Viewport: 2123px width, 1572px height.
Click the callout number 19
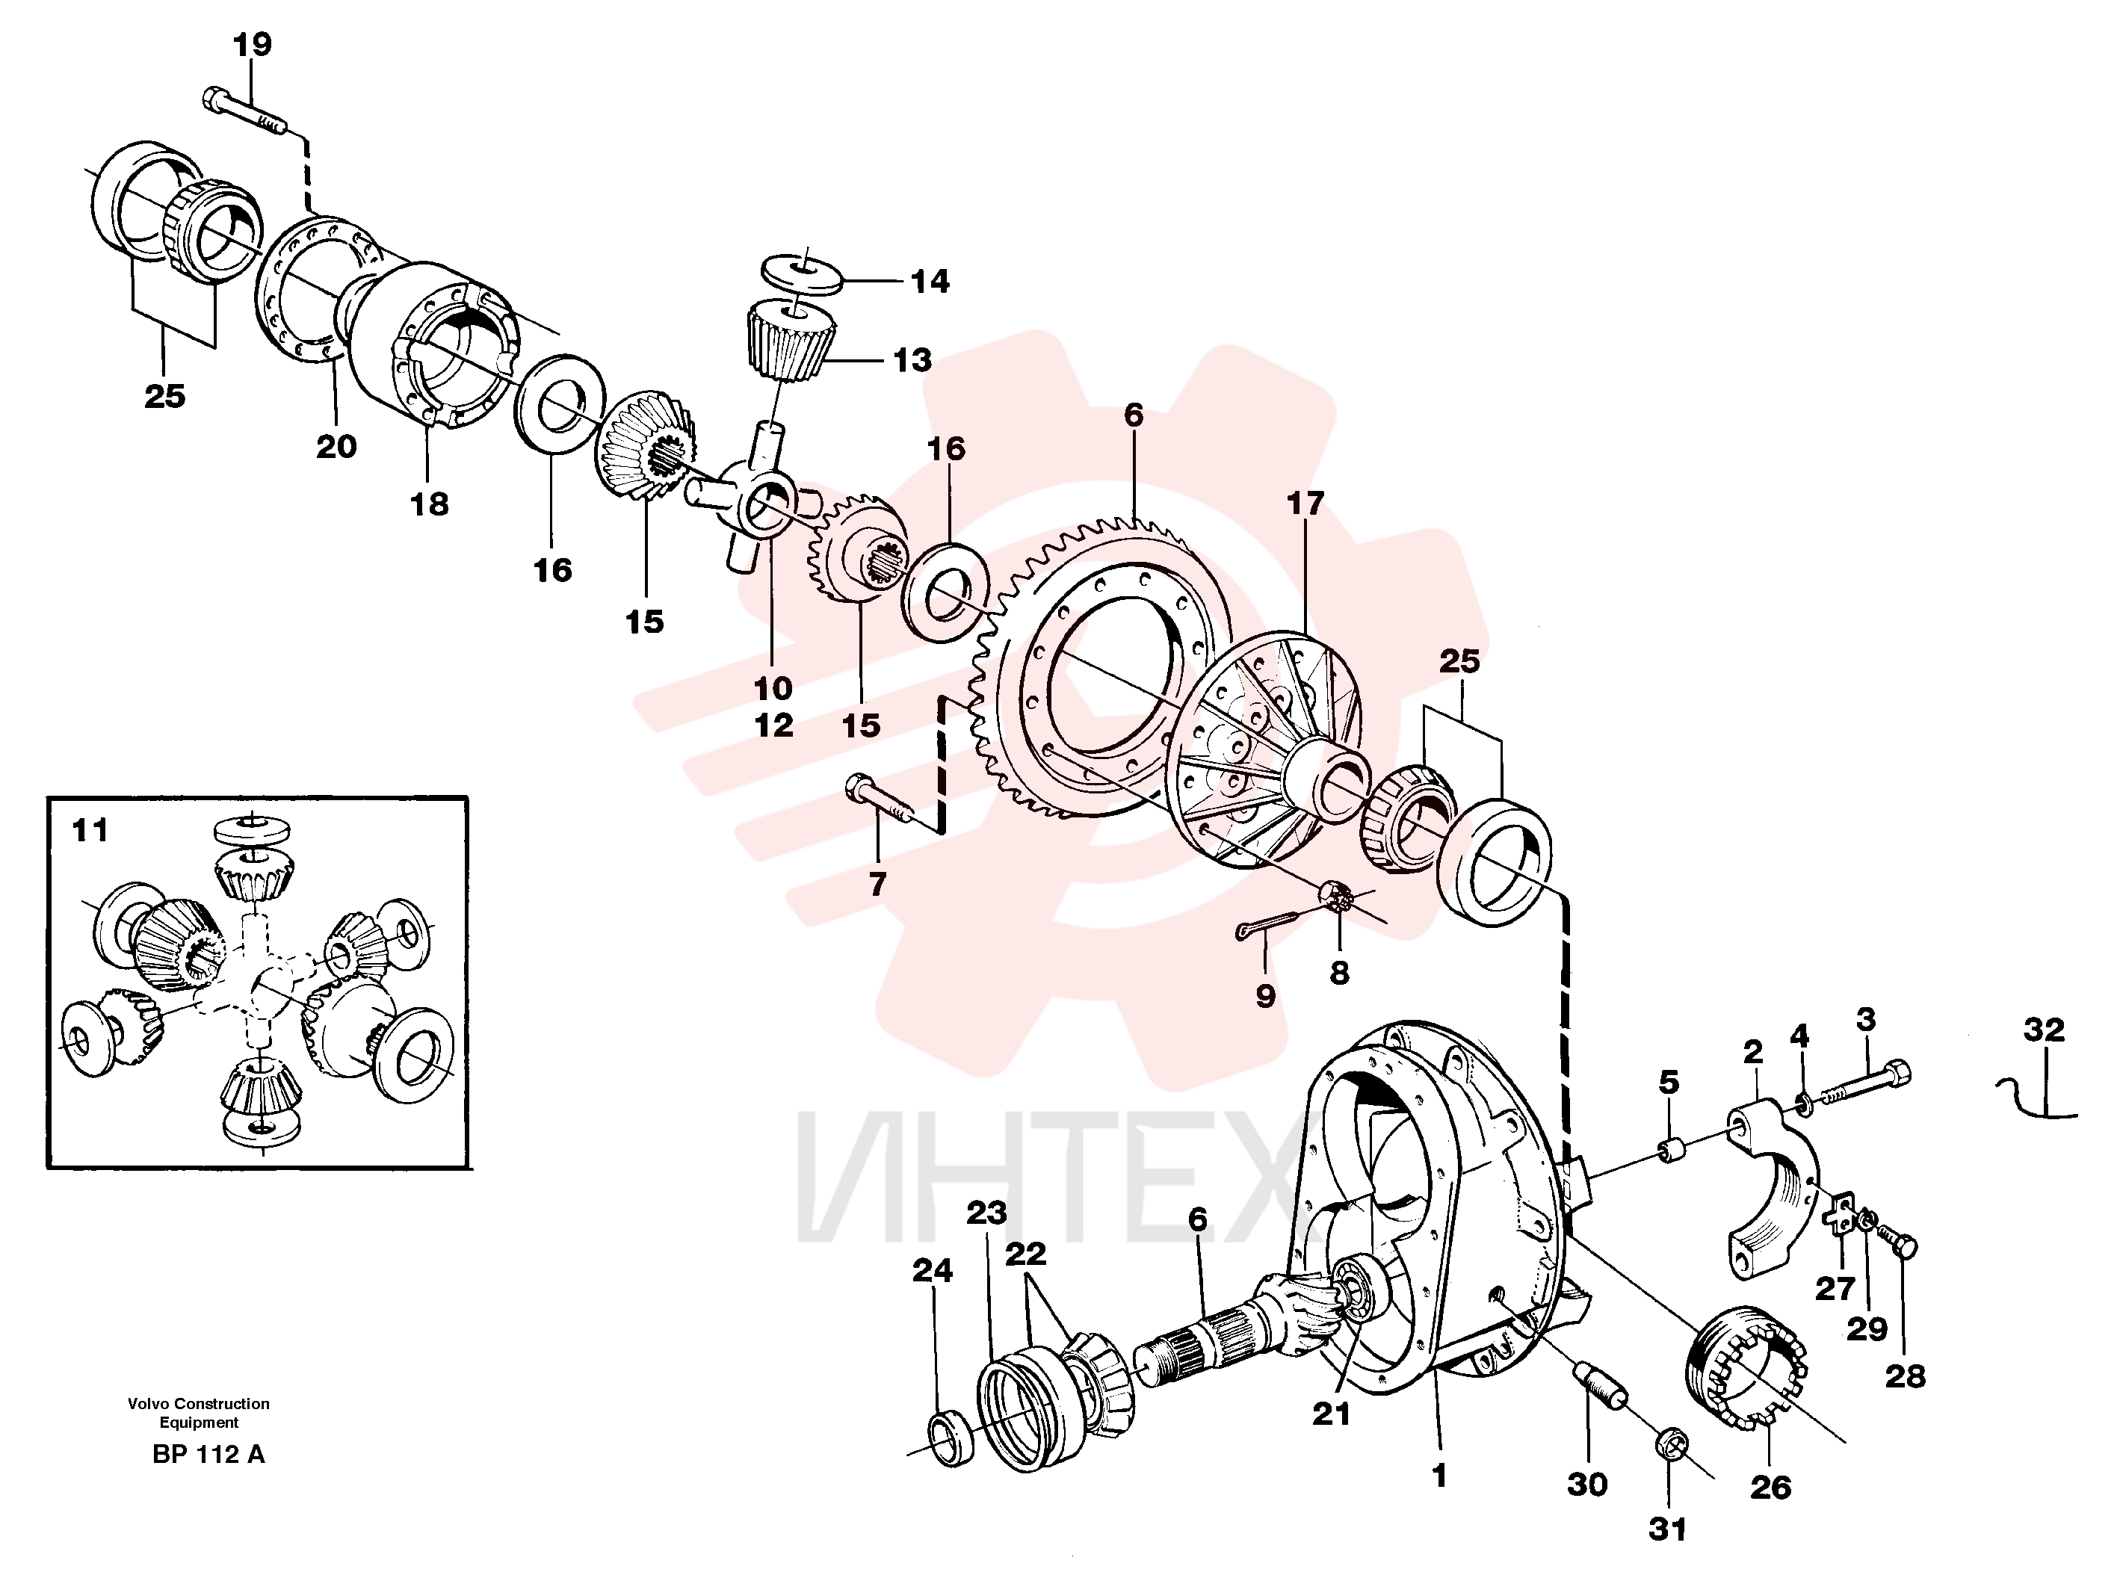pyautogui.click(x=252, y=45)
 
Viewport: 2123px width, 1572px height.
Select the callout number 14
pyautogui.click(x=930, y=282)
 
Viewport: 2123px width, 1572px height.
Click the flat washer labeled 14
pyautogui.click(x=804, y=272)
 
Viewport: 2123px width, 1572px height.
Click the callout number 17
pyautogui.click(x=1305, y=504)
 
